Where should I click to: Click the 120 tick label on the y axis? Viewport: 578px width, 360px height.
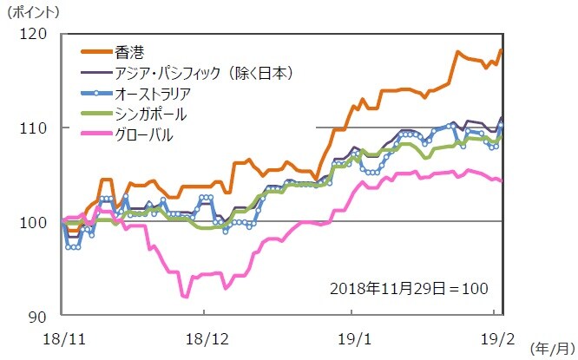41,34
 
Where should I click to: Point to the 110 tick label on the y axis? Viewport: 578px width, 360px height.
41,128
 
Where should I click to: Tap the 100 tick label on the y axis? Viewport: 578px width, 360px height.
41,221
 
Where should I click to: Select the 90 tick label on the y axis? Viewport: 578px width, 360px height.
44,315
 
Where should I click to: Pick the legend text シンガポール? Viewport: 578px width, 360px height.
150,114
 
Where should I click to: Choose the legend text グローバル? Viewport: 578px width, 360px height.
143,134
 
